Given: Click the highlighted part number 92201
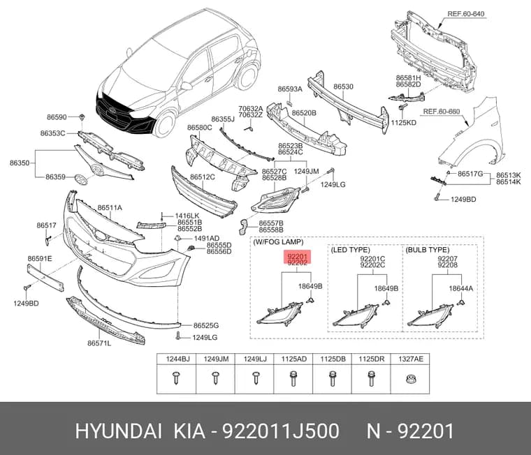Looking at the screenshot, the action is pos(297,256).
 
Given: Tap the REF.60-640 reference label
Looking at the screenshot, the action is pos(465,14).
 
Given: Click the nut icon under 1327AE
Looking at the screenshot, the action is pos(410,379).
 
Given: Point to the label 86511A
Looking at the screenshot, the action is pos(110,208).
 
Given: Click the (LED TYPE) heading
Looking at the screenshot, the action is pos(350,250).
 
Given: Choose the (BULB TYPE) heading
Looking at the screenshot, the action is pos(428,250).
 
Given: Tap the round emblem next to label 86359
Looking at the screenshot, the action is pos(81,179).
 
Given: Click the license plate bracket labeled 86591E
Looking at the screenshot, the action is pos(45,278).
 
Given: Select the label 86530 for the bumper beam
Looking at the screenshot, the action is pos(343,87).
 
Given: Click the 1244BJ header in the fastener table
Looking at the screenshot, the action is pos(177,359).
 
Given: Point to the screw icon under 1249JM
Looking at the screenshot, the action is pos(215,378).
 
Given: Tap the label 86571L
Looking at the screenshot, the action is pos(99,343).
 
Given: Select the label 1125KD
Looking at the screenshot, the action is pos(403,123).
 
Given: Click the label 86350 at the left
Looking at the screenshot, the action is pos(20,163).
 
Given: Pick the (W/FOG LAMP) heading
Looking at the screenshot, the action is pos(278,242).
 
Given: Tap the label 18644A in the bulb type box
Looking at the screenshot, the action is pos(461,288).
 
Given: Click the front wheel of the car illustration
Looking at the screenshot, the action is pos(165,124).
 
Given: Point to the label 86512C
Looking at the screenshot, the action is pos(203,177).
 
